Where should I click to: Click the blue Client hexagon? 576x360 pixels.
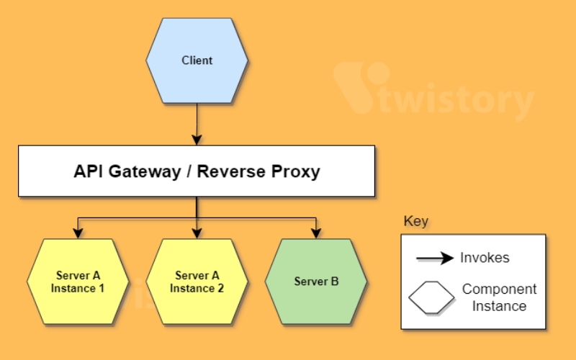197,60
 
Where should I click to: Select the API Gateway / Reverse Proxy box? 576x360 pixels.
197,171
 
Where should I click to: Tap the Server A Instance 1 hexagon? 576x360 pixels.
78,282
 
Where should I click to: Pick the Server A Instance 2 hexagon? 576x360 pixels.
197,282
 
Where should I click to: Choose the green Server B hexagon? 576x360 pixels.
316,282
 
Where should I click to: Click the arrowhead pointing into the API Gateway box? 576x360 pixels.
197,140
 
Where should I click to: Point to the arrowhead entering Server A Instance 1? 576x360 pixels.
78,233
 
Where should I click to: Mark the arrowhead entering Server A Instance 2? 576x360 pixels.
197,233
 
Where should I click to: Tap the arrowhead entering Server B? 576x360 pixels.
316,233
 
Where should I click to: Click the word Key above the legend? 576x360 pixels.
416,221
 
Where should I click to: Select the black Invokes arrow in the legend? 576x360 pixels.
435,258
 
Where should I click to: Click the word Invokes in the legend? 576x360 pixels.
485,258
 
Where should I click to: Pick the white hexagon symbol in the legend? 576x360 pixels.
431,297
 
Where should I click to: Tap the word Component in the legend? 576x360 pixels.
500,289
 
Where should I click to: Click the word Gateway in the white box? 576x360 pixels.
145,171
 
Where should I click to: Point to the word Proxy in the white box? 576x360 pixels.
296,172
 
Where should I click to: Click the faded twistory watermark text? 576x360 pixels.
456,98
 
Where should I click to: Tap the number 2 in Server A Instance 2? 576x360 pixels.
220,289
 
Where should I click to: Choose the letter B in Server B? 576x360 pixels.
335,282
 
